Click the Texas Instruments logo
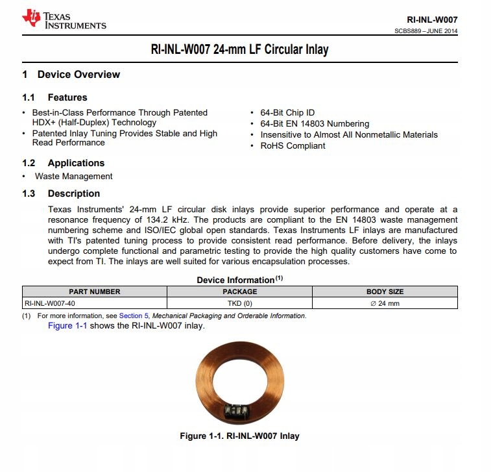pos(64,19)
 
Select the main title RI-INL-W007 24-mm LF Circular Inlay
pos(240,49)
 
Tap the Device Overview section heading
pos(78,75)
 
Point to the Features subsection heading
pos(67,97)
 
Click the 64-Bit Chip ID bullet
pos(287,112)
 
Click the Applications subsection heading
pos(76,163)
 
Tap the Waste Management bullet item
pos(73,176)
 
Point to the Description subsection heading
pos(73,193)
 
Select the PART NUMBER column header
pos(95,292)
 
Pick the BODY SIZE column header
pos(385,292)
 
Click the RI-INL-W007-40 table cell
pos(53,303)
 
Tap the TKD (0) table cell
pos(240,303)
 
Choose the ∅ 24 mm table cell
pos(385,303)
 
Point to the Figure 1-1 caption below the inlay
pos(239,436)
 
